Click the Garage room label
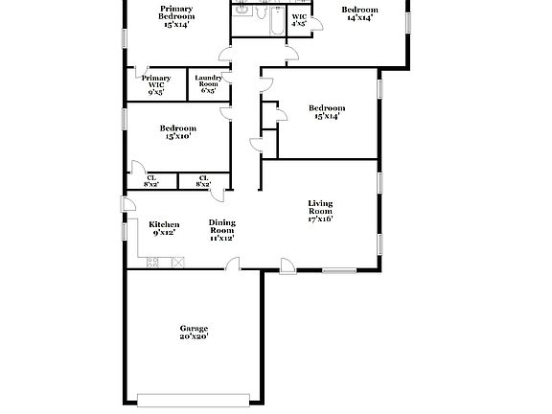(193, 332)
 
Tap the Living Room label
(319, 210)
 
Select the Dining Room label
(222, 230)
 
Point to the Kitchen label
(164, 228)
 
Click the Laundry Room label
(208, 83)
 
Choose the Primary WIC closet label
(156, 83)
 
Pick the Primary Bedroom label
(176, 17)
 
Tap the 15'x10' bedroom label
(177, 132)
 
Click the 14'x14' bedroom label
(359, 13)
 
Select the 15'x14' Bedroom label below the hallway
(326, 112)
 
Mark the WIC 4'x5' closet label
(299, 20)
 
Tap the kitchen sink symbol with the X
(177, 261)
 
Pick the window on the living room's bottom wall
(339, 270)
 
